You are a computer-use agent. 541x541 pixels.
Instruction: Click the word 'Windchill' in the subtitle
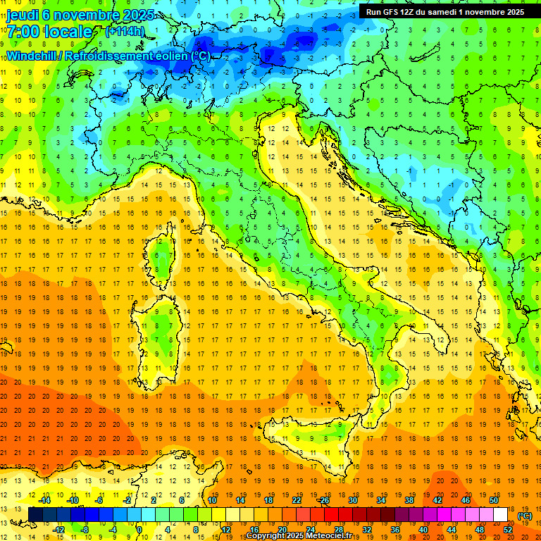coord(33,56)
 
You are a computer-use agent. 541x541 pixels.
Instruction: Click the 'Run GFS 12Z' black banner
coord(444,11)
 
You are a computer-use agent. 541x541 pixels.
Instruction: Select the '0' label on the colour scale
coord(139,530)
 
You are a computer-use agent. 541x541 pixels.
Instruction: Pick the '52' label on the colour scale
coord(508,530)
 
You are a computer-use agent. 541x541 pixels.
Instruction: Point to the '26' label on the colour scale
coord(325,500)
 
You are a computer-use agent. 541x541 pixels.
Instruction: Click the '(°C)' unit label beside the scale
coord(525,516)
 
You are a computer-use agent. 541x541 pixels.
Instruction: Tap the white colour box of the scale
coord(500,515)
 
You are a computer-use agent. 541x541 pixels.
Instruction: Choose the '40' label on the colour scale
coord(423,530)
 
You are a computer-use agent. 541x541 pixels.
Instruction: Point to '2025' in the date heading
coord(128,15)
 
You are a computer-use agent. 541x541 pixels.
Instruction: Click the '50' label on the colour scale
coord(493,500)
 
